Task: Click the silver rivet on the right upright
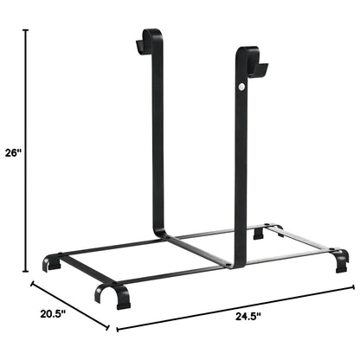(241, 87)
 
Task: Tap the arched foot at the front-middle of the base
(111, 294)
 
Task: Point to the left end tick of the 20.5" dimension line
(32, 283)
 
